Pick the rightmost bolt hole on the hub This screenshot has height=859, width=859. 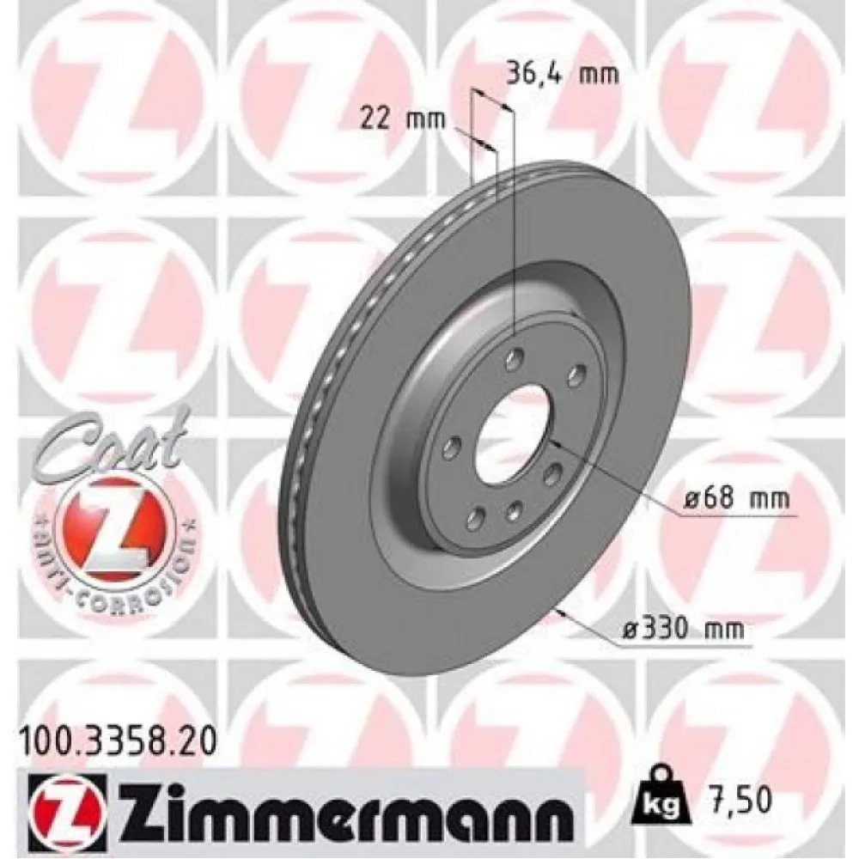point(576,372)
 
